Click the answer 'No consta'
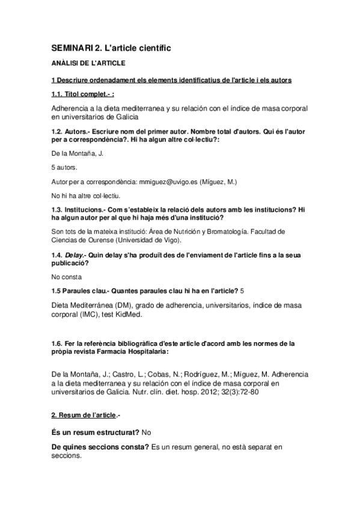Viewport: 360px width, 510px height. click(x=66, y=277)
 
